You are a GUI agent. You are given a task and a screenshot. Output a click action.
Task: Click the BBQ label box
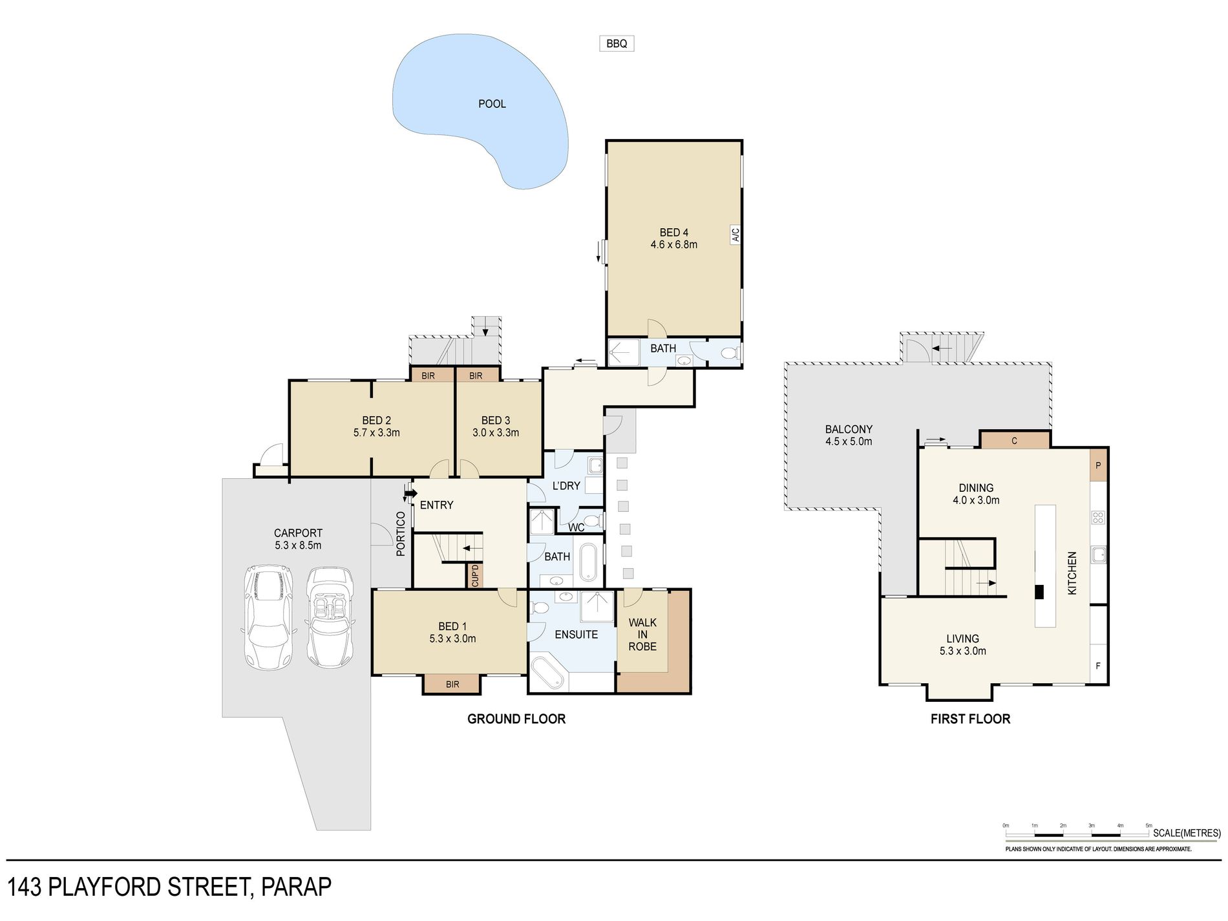[x=617, y=43]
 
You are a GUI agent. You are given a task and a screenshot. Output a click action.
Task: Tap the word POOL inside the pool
[x=492, y=103]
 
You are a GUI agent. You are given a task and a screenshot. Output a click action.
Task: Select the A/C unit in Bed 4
[x=735, y=235]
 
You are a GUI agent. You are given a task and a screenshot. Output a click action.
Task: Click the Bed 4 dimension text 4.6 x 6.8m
[x=673, y=245]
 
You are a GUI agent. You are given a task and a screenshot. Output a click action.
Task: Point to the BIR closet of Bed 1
[x=452, y=684]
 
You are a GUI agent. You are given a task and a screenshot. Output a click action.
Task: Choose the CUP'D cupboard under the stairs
[x=475, y=575]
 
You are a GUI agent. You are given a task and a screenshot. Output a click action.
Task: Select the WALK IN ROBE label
[x=642, y=634]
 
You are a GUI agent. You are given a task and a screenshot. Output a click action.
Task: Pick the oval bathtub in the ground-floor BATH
[x=588, y=562]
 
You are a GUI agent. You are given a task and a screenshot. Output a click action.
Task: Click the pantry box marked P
[x=1098, y=465]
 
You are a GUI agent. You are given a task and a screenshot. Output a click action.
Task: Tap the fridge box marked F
[x=1098, y=666]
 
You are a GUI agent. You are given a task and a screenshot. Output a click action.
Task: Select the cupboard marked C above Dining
[x=1014, y=440]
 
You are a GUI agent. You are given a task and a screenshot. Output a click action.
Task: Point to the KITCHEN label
[x=1072, y=573]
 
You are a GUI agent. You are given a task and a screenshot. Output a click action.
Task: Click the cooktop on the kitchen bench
[x=1098, y=517]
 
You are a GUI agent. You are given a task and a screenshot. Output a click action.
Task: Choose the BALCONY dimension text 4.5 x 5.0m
[x=849, y=441]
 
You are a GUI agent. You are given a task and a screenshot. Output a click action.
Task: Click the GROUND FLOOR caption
[x=516, y=719]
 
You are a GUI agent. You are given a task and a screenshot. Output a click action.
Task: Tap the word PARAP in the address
[x=296, y=887]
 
